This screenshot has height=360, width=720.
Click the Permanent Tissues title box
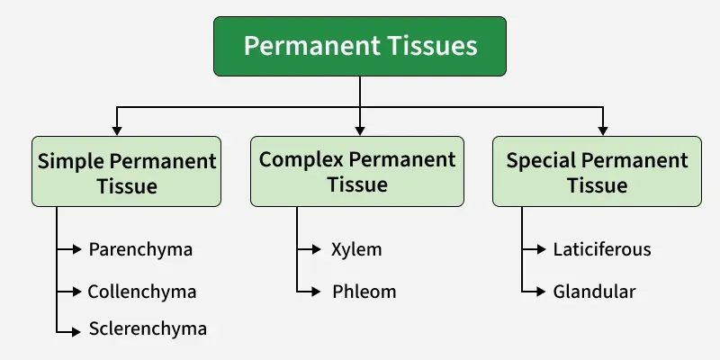359,46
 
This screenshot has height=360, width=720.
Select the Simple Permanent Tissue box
127,174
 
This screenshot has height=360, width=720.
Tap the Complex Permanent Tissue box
357,171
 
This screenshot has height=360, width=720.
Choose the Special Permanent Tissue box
597,173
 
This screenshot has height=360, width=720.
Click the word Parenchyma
140,249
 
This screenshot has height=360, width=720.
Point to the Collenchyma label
141,292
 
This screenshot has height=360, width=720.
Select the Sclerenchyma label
148,328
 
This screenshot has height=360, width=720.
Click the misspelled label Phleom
364,292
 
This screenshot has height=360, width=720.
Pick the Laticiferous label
602,249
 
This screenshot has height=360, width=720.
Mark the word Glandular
595,292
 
